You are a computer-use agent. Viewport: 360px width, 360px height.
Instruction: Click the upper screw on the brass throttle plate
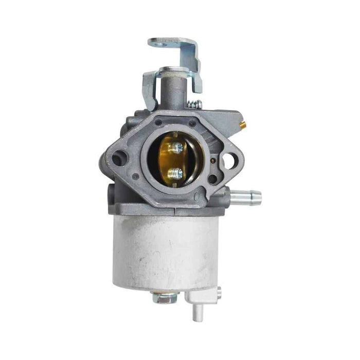177,148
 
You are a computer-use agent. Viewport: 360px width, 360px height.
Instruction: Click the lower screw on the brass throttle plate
176,173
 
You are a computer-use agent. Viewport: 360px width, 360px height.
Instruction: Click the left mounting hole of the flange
118,160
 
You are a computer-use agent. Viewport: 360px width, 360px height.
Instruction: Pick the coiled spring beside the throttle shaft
194,104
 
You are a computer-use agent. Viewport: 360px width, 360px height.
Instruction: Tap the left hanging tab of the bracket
149,90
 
